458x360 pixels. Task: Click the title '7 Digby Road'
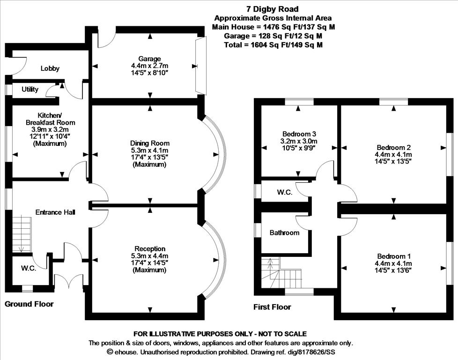273,9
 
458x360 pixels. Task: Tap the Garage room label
149,59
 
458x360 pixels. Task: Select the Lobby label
50,68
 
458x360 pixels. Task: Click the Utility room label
30,90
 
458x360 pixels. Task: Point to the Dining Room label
149,143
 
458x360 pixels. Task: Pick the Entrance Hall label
56,212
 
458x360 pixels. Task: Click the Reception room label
149,248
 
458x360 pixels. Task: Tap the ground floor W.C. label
28,269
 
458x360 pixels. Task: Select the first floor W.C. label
285,192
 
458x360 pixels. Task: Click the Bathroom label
284,232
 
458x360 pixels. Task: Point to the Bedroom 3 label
299,133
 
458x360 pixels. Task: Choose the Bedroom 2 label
393,147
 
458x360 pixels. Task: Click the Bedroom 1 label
393,256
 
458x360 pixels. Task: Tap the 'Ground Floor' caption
29,304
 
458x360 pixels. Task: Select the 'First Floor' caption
272,307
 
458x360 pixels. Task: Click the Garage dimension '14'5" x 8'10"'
149,73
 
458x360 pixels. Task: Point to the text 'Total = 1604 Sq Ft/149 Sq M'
273,45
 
